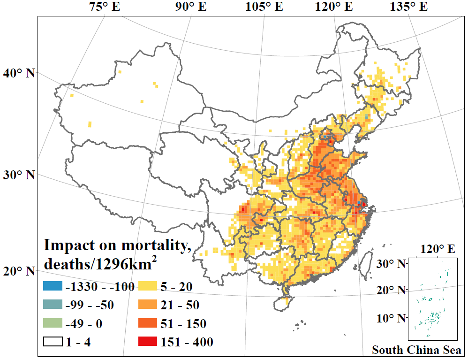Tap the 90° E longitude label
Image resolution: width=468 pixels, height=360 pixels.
[x=190, y=7]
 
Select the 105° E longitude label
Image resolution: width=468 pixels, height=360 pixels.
[x=264, y=7]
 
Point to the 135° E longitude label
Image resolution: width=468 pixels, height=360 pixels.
[x=408, y=7]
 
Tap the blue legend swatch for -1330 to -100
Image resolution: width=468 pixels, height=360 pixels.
[x=53, y=286]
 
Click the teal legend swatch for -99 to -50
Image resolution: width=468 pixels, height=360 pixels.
[x=53, y=305]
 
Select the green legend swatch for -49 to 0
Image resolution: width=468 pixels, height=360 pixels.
[x=53, y=323]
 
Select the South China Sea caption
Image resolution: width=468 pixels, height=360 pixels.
[x=416, y=350]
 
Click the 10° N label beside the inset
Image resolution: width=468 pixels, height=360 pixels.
[x=391, y=318]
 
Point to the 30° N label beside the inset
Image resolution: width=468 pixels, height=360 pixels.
[x=391, y=264]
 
